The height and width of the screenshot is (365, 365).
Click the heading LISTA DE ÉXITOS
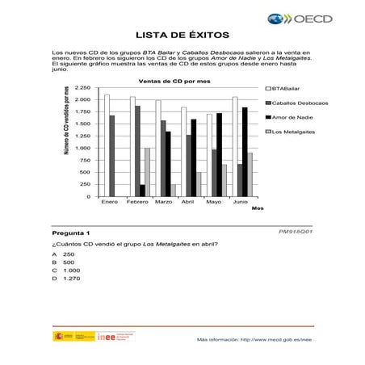tap(182, 35)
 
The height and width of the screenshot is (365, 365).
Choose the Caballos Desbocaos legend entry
tap(294, 103)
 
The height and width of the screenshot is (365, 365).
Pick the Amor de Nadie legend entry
tap(289, 117)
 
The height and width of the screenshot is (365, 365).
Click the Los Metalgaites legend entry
tap(292, 132)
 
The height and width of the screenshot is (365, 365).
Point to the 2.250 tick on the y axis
tap(82, 87)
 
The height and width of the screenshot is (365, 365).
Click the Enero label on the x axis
tap(110, 202)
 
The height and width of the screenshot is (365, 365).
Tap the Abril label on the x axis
tap(187, 202)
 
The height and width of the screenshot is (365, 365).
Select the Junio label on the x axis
tap(240, 202)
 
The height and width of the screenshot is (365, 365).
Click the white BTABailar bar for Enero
tap(107, 145)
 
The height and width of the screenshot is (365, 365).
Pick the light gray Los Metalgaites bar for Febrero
tap(147, 172)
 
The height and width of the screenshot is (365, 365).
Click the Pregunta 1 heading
tap(70, 233)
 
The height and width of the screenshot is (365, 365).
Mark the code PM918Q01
tap(295, 231)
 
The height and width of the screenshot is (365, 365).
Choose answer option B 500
tap(64, 262)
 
